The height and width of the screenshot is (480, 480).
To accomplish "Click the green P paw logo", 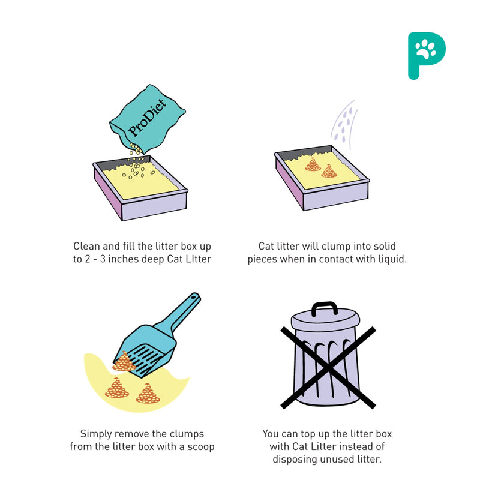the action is click(427, 56).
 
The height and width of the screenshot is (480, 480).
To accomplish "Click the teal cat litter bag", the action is click(148, 119).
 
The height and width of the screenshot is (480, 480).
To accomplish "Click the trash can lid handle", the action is click(325, 308).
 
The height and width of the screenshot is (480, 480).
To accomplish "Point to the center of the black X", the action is click(328, 367).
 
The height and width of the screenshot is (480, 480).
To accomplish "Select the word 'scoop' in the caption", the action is click(201, 447).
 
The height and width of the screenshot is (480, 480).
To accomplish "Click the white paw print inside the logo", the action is click(425, 49).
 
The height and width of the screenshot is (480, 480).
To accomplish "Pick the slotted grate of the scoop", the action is click(145, 359).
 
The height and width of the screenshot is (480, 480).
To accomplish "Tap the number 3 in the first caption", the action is click(103, 259).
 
